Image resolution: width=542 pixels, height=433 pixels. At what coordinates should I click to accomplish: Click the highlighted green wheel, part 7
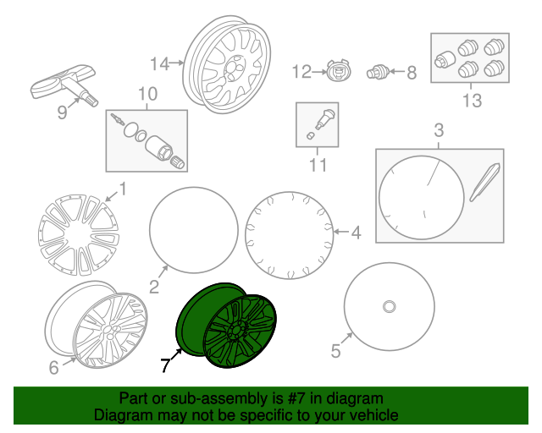[x=226, y=326]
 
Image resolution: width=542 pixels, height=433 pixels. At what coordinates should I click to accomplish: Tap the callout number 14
[x=159, y=64]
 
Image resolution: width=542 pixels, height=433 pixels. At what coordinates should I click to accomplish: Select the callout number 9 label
[x=62, y=112]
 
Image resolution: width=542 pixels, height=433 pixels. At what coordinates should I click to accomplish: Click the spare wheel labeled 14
[x=227, y=64]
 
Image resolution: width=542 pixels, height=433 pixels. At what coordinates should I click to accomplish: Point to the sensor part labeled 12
[x=339, y=72]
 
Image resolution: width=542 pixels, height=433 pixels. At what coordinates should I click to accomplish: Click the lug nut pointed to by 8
[x=378, y=72]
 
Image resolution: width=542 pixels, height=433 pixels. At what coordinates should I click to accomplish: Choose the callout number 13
[x=473, y=100]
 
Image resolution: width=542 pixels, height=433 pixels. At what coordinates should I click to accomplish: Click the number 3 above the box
[x=439, y=130]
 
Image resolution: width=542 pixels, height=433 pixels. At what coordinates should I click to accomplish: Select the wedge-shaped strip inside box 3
[x=484, y=183]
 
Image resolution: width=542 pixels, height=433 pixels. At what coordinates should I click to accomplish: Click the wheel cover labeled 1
[x=79, y=234]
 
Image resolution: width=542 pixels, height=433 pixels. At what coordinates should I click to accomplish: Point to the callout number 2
[x=154, y=287]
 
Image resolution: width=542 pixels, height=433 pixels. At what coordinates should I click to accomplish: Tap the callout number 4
[x=357, y=233]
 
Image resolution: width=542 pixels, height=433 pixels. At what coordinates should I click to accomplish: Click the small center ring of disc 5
[x=390, y=307]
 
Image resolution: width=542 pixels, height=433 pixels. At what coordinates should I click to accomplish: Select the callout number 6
[x=53, y=367]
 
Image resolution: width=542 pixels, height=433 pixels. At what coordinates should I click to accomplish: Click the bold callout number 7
[x=165, y=365]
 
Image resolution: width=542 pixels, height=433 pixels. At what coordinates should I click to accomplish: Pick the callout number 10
[x=147, y=94]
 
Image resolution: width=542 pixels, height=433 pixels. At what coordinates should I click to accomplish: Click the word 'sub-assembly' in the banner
[x=219, y=398]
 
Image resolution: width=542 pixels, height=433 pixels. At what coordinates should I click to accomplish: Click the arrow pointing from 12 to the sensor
[x=319, y=72]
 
